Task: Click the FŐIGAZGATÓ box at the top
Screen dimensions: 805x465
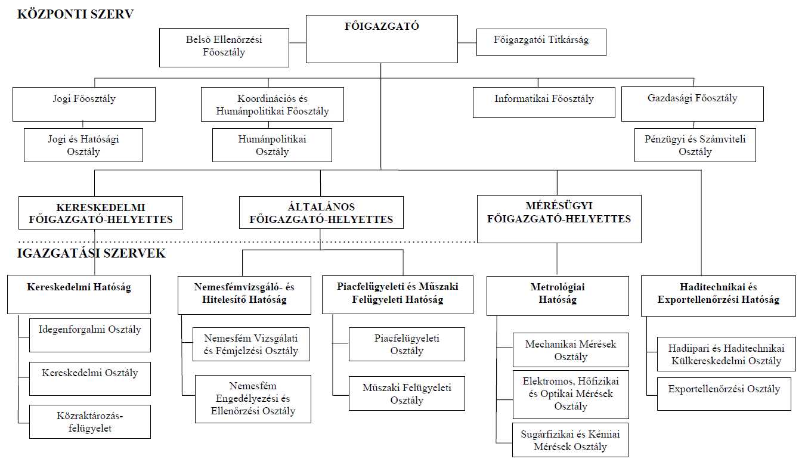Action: [x=382, y=39]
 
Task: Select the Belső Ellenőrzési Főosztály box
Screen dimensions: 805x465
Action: [x=224, y=48]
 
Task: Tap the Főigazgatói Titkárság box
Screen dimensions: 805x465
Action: [x=541, y=42]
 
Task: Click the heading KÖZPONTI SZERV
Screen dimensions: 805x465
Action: [x=76, y=14]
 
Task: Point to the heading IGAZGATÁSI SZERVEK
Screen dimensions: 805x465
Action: [x=91, y=253]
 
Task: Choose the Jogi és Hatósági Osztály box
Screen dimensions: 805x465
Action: [x=83, y=145]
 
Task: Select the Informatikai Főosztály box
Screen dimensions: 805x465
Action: [x=544, y=102]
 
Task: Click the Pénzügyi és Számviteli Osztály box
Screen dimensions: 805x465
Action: [x=695, y=145]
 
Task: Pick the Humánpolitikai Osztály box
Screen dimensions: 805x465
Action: [x=272, y=145]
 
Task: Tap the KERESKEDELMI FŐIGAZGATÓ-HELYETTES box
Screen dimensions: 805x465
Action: [x=101, y=213]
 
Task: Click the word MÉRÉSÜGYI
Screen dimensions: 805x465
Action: [x=559, y=206]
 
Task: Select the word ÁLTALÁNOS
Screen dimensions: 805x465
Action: [x=321, y=207]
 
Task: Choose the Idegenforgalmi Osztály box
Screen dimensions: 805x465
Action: [x=90, y=335]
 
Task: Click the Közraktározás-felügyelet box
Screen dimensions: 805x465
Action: [x=90, y=421]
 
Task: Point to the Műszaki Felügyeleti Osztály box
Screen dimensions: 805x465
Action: [x=407, y=393]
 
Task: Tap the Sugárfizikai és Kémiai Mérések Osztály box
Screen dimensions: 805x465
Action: [x=570, y=440]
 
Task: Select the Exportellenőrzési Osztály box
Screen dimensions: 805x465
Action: [x=724, y=394]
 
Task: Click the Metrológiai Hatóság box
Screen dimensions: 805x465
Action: [x=558, y=296]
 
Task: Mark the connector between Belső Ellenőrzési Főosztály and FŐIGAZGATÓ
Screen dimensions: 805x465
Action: [x=298, y=43]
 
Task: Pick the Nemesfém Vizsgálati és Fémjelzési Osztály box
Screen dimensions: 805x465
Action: [x=251, y=344]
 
